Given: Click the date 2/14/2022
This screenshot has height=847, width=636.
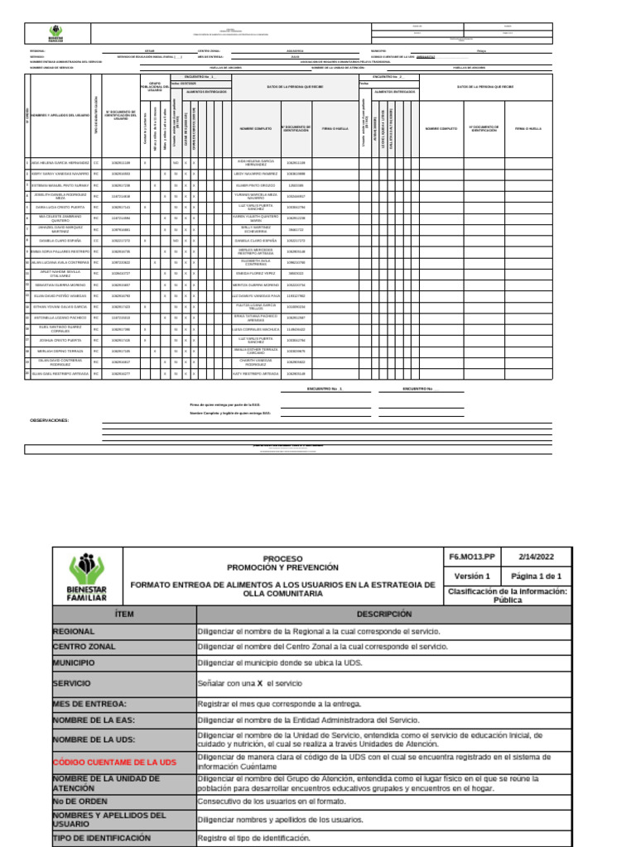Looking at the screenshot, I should click(x=536, y=557).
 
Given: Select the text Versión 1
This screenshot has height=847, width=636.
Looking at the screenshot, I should click(x=472, y=576).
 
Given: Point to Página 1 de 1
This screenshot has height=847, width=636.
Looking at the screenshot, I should click(x=536, y=576).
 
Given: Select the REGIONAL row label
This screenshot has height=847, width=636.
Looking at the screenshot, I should click(x=79, y=631).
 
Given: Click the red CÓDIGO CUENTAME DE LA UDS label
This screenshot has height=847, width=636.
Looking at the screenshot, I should click(x=114, y=762).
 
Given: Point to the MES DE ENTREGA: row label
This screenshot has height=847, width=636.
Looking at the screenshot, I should click(x=89, y=704).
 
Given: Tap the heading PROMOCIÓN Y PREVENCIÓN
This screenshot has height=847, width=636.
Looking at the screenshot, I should click(x=282, y=567).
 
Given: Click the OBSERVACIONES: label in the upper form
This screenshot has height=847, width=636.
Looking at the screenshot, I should click(x=50, y=420).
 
